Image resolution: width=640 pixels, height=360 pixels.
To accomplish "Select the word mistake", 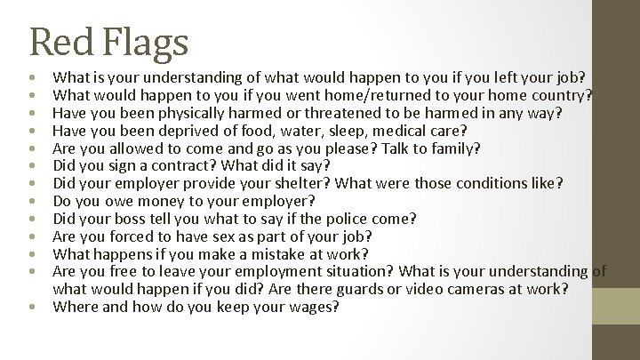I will coord(261,254).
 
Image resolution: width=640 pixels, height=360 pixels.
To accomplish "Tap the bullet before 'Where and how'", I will coord(32,308).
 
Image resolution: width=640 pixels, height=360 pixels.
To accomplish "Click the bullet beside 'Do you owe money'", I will coord(32,202).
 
